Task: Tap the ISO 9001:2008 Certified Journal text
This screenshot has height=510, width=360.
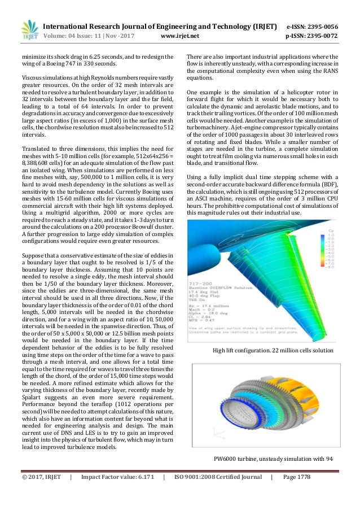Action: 216,493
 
